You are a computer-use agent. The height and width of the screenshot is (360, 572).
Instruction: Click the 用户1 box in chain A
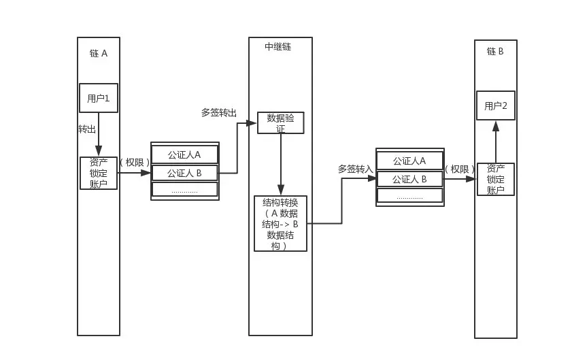point(99,98)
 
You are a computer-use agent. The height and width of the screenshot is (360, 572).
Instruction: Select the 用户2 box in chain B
point(496,105)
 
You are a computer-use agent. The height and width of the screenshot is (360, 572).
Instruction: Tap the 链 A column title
point(99,53)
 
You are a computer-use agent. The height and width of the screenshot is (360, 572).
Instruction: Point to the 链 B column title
point(495,51)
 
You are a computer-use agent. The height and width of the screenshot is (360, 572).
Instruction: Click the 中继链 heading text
point(278,47)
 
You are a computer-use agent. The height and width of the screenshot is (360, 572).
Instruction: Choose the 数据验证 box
point(280,122)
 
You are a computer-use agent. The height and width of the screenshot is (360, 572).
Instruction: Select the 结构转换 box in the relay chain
point(280,223)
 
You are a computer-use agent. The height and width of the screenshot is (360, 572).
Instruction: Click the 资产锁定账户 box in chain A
point(99,173)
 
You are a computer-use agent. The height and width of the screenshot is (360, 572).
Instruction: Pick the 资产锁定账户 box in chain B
point(496,179)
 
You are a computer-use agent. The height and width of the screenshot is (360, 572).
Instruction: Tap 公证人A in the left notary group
point(184,154)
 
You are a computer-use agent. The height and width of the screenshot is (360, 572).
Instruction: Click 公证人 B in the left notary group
point(184,173)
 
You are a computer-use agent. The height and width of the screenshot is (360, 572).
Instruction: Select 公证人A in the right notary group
point(410,161)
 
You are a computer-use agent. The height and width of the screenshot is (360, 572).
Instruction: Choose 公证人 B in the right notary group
point(410,179)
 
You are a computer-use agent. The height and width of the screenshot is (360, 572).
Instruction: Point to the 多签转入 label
point(355,168)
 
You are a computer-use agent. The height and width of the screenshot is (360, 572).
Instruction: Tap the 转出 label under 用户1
point(87,129)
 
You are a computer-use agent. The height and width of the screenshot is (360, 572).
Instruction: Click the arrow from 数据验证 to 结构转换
point(280,163)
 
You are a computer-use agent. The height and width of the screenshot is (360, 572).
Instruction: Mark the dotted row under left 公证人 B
point(184,190)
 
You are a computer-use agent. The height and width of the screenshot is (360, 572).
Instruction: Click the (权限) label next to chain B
point(460,169)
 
